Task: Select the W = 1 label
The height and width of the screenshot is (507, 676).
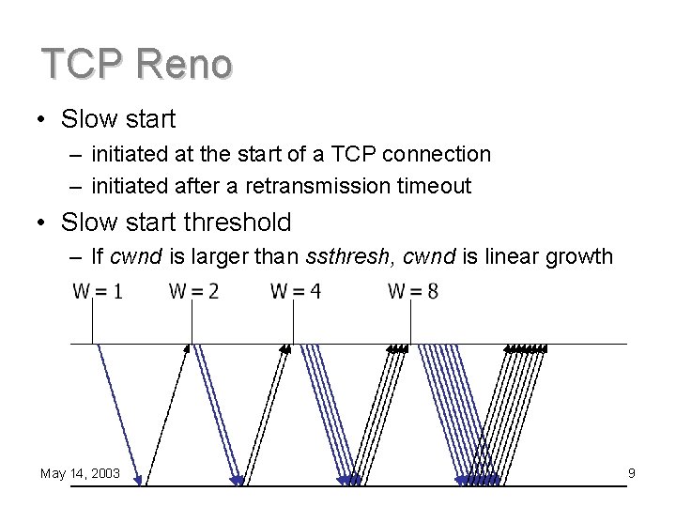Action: pyautogui.click(x=98, y=291)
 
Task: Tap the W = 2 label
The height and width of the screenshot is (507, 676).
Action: pyautogui.click(x=194, y=291)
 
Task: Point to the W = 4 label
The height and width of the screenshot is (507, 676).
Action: pyautogui.click(x=296, y=291)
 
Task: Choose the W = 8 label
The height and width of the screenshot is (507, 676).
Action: pyautogui.click(x=413, y=291)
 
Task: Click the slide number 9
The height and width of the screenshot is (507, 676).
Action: pyautogui.click(x=632, y=473)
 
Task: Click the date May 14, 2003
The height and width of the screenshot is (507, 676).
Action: pyautogui.click(x=80, y=473)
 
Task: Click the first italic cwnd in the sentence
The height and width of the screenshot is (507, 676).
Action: pyautogui.click(x=133, y=256)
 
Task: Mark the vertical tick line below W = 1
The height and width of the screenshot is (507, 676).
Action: pyautogui.click(x=92, y=324)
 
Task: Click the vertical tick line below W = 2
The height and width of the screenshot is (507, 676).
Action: pyautogui.click(x=192, y=324)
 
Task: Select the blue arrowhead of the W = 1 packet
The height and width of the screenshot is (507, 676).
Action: pyautogui.click(x=139, y=482)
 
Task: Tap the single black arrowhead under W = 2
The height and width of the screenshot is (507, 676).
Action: pyautogui.click(x=187, y=348)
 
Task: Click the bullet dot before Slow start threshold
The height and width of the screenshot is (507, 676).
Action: pyautogui.click(x=43, y=223)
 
